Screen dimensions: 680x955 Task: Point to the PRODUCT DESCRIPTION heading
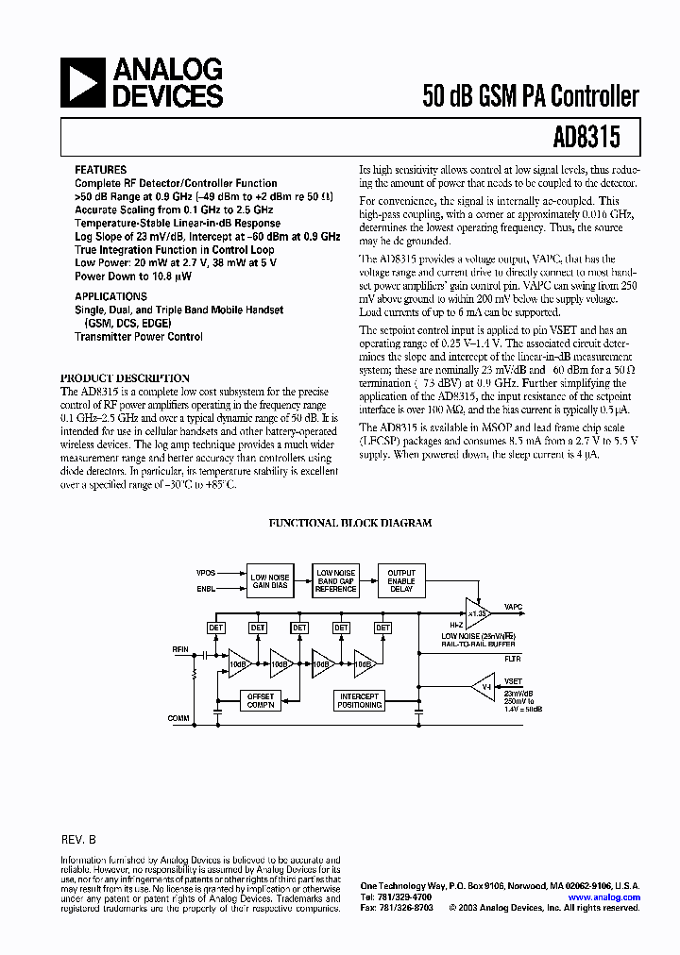125,378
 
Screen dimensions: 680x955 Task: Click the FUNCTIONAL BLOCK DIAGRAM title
350,522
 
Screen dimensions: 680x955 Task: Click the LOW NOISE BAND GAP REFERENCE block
335,580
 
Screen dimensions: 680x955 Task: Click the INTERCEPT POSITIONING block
360,700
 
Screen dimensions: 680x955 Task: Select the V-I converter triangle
484,684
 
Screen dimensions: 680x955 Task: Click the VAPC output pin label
514,608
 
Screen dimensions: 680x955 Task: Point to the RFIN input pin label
180,649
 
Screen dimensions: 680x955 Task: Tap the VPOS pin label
206,573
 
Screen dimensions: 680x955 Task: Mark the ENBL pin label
206,588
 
